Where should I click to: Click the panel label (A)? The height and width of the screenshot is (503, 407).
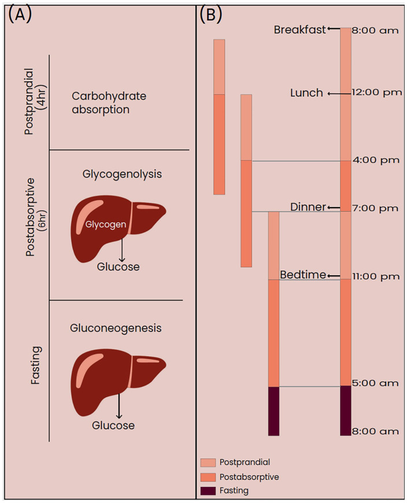pos(20,14)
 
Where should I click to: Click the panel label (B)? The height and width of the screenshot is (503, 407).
pos(211,14)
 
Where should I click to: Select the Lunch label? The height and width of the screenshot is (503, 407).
pos(306,93)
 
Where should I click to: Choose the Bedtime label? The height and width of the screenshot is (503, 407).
pos(302,275)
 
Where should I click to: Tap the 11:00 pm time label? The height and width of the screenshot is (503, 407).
pos(376,276)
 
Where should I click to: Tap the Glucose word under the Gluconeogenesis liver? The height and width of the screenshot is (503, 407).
pos(113,426)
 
